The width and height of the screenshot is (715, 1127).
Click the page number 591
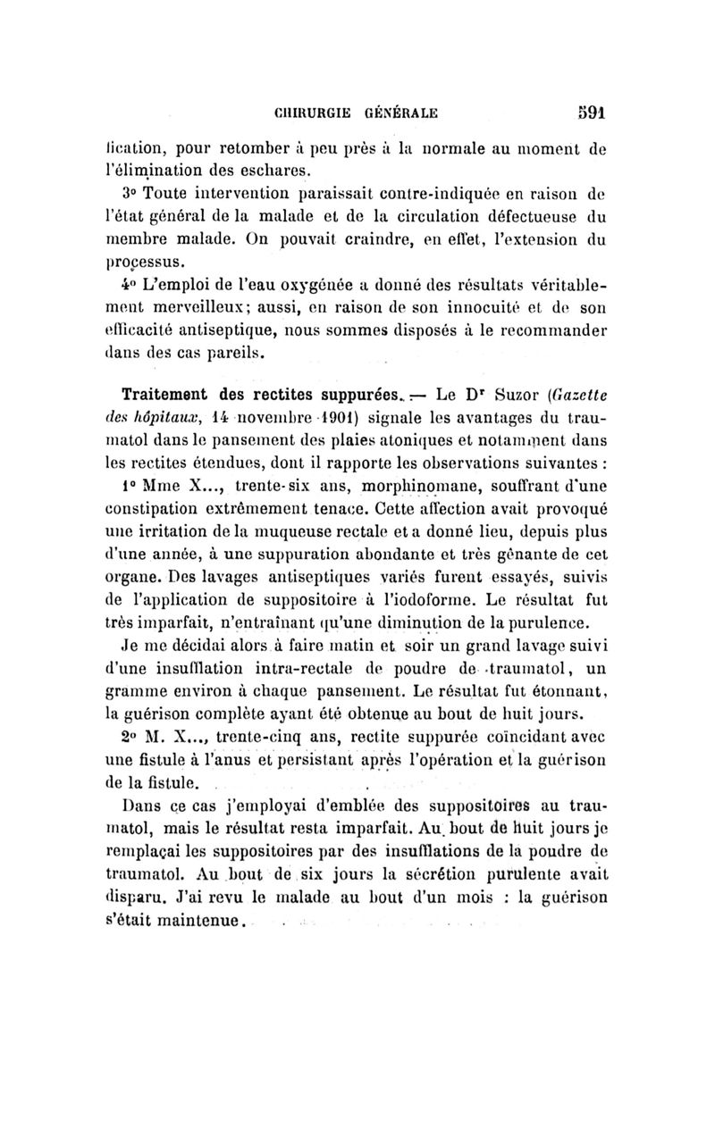[590, 113]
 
